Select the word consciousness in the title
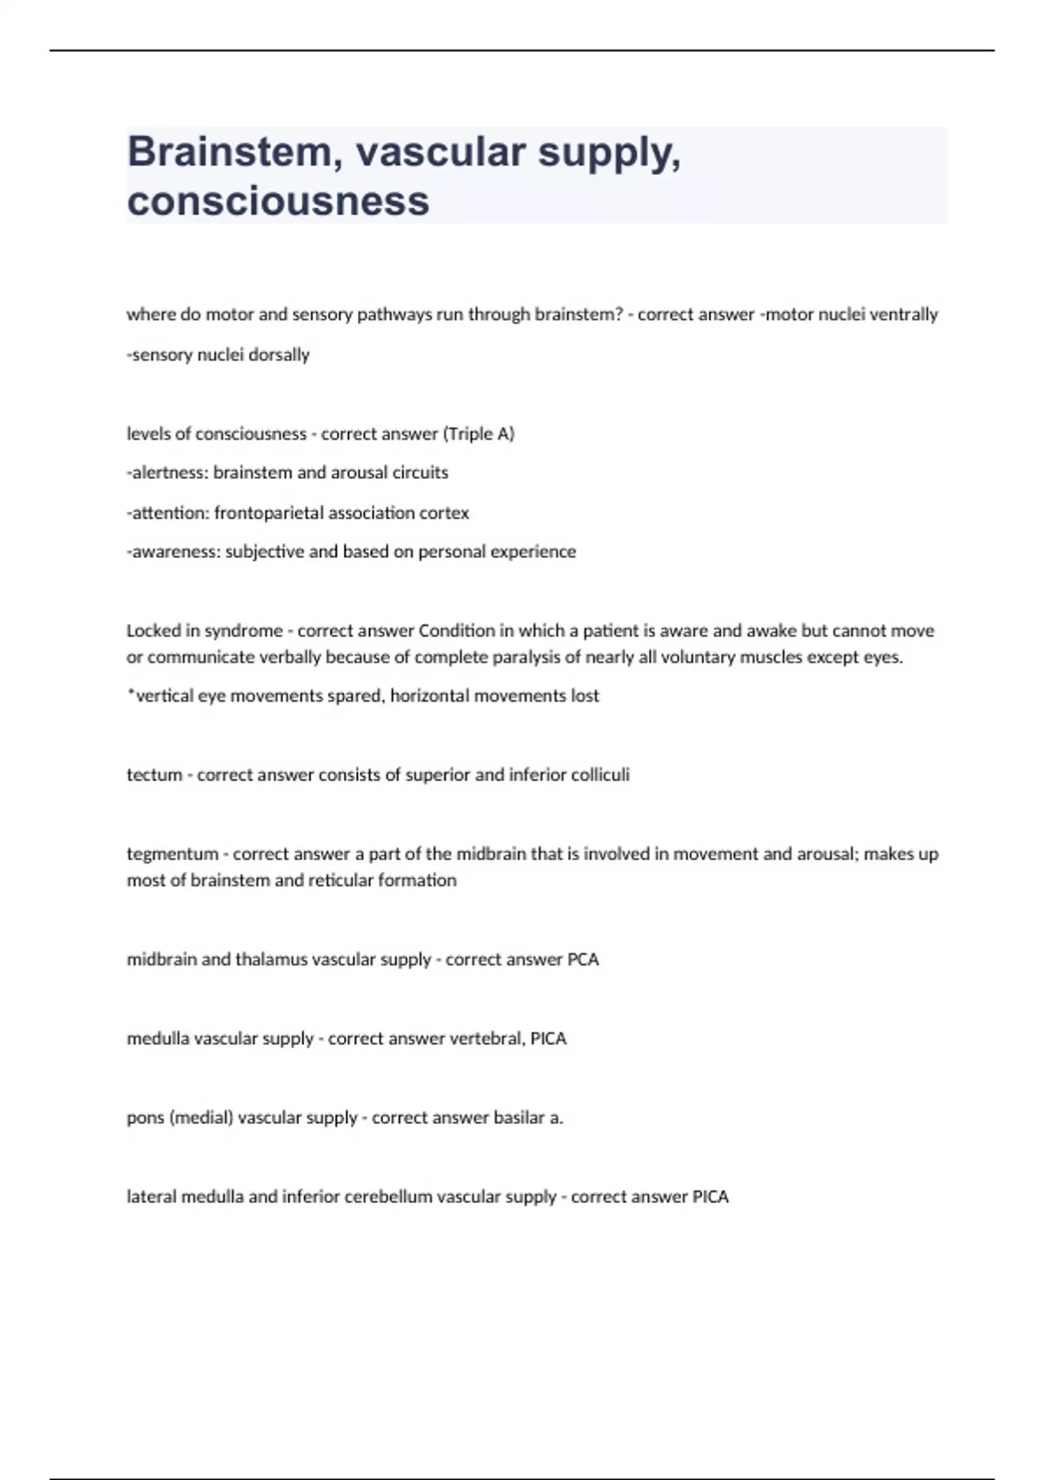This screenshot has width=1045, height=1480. point(278,200)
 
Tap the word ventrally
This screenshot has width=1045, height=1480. point(904,314)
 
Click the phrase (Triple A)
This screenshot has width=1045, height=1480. point(479,434)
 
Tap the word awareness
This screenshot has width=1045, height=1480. point(173,552)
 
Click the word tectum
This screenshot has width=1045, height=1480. point(153,775)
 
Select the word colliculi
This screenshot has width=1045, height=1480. point(599,775)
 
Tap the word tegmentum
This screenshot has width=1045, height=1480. point(172,854)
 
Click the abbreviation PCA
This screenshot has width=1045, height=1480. point(583,959)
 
